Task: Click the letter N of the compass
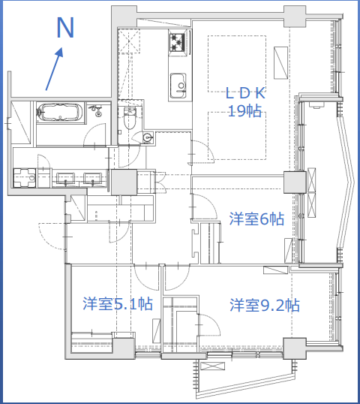[65, 27]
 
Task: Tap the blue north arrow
[54, 69]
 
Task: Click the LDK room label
[245, 93]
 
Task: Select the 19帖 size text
[244, 111]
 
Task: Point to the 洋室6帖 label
[256, 219]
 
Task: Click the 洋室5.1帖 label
[118, 303]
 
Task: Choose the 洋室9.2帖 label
[265, 305]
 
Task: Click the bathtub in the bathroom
[61, 113]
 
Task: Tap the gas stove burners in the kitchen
[177, 42]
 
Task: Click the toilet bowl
[130, 118]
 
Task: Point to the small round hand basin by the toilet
[147, 137]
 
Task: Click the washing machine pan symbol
[25, 178]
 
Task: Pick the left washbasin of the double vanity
[65, 178]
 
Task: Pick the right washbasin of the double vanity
[93, 178]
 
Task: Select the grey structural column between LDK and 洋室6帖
[295, 182]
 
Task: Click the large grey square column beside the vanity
[124, 182]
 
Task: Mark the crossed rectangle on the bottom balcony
[212, 366]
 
